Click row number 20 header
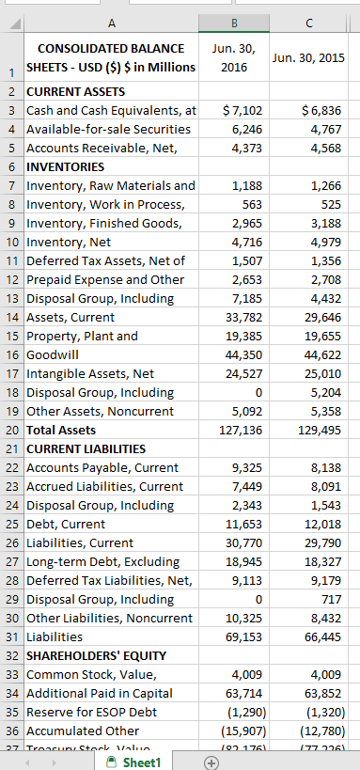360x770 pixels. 10,430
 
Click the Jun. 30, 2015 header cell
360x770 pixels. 309,58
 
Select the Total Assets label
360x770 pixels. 61,430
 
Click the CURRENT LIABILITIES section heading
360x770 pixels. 86,448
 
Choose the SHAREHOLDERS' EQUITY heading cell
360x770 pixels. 96,655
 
